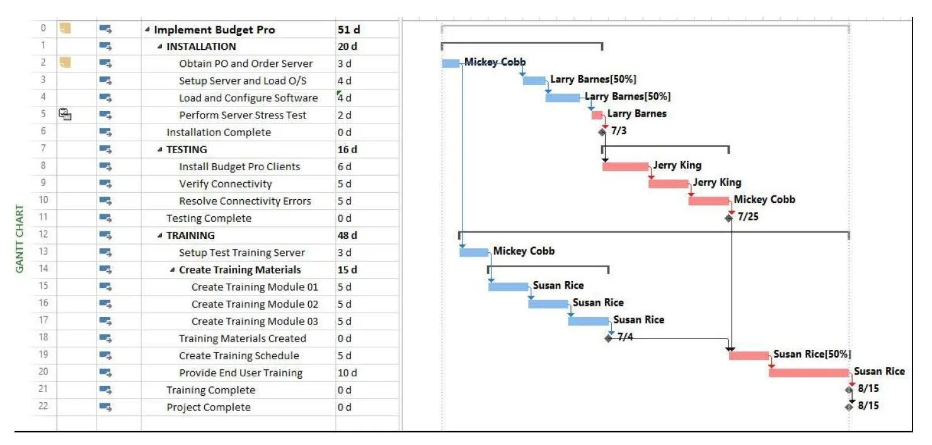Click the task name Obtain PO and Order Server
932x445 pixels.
246,64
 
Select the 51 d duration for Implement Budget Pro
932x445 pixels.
349,30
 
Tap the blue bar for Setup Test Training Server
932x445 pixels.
474,253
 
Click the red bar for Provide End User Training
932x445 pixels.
808,373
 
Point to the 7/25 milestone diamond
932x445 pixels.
729,218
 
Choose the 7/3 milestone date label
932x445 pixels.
619,131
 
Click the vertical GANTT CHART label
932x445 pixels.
20,239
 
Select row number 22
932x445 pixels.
43,406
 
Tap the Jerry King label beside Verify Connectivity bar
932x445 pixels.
717,182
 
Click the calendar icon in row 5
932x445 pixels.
65,115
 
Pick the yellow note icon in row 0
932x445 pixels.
65,28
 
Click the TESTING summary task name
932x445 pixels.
187,149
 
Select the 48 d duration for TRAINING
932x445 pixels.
347,235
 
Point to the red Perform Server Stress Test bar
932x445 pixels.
597,115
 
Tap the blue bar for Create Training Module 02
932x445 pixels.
548,304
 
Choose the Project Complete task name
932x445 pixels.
209,407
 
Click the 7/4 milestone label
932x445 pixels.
625,337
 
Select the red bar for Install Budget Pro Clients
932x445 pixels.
625,166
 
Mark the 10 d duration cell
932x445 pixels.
347,373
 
